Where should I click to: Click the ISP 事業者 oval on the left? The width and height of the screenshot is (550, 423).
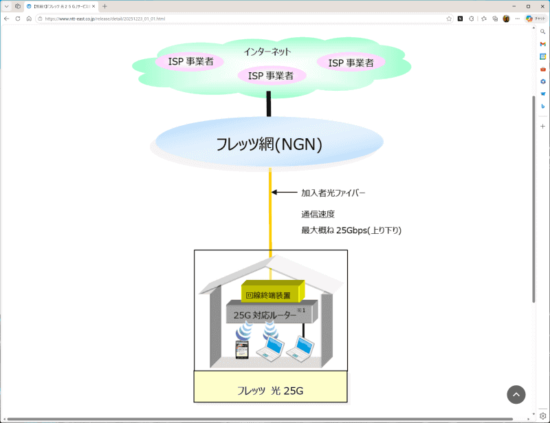[x=190, y=62]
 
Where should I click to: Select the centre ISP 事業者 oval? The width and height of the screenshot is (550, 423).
[x=271, y=76]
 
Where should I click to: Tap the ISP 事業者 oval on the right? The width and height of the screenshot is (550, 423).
[x=351, y=63]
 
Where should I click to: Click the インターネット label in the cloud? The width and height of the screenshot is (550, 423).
[x=267, y=52]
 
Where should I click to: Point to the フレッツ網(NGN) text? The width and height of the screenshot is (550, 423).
[x=269, y=145]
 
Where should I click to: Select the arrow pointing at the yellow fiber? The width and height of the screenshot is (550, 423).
[x=283, y=193]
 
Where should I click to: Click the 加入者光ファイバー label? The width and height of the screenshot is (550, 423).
[x=333, y=193]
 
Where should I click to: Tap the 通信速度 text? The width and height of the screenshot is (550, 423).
[x=318, y=214]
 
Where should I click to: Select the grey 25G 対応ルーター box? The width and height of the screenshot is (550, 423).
[x=269, y=315]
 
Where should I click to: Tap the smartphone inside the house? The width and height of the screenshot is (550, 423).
[x=241, y=350]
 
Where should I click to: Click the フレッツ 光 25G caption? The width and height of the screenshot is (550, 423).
[x=270, y=391]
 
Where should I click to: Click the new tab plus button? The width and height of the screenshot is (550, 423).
[x=104, y=6]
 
